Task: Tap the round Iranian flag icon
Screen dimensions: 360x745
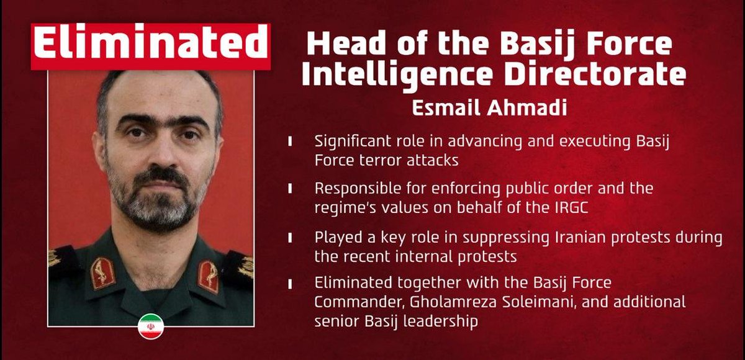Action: pos(150,326)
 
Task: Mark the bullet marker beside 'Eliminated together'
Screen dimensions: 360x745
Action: pos(291,284)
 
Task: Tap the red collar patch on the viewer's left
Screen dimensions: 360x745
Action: pos(102,274)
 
